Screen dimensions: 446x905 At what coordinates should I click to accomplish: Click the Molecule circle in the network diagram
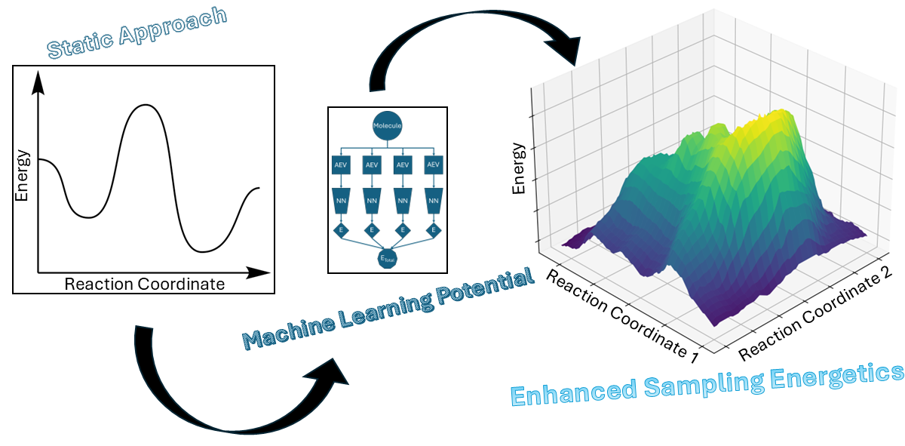tap(388, 125)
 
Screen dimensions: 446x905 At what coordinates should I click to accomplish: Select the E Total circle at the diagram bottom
tap(388, 258)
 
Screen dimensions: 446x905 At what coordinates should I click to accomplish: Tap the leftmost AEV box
tap(341, 164)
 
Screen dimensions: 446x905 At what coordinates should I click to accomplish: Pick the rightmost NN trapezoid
tap(433, 201)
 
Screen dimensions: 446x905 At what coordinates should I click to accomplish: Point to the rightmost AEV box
tap(433, 164)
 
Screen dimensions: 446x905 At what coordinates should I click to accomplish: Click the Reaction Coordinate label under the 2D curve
tap(144, 285)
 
